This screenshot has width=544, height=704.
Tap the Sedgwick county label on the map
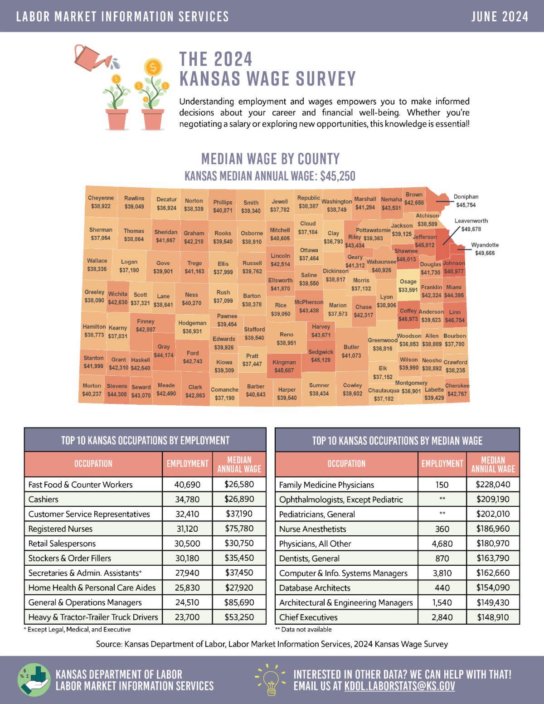[321, 352]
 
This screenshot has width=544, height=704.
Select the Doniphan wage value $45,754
[466, 205]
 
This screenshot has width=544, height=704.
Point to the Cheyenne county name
[101, 198]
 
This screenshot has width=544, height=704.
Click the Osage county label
[408, 282]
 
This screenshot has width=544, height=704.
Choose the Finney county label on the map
[146, 321]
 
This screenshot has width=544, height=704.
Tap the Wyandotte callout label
[485, 245]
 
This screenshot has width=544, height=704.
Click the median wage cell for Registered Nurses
[239, 529]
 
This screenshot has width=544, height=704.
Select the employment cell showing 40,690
[187, 485]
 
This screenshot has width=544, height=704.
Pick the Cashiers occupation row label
[44, 500]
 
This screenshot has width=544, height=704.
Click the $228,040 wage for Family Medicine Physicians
[493, 485]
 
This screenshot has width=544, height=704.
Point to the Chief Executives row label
[308, 617]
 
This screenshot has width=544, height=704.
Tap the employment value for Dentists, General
[442, 558]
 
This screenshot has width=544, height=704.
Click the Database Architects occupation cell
[315, 588]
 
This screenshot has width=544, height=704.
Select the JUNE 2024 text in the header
[500, 17]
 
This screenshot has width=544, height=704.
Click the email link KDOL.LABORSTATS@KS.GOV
[399, 686]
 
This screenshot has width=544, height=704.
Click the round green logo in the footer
[34, 680]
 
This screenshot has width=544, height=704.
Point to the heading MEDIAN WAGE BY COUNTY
[270, 159]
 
